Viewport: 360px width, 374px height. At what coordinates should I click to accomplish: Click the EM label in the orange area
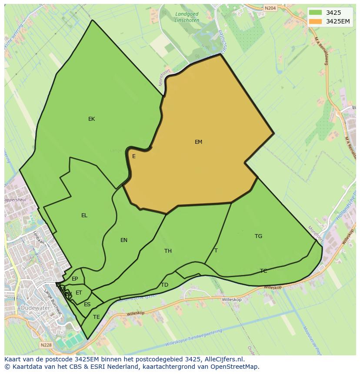198,142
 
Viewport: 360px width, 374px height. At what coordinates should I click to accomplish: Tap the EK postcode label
91,119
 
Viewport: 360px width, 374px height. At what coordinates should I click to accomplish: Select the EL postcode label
84,215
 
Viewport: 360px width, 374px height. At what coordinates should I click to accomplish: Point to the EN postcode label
124,240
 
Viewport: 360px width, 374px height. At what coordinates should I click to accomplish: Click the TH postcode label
168,251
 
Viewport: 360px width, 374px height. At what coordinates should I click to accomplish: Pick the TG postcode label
258,236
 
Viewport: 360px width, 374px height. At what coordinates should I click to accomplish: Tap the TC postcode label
263,271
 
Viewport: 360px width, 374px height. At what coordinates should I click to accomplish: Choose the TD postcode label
164,285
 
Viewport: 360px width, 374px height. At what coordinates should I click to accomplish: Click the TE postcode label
96,317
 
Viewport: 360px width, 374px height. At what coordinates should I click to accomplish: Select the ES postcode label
87,304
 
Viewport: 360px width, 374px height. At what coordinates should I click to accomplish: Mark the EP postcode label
75,279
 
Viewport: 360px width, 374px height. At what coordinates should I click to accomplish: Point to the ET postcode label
79,293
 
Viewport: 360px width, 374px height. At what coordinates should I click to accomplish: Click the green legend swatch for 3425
316,13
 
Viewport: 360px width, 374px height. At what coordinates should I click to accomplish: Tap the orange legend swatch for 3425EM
316,21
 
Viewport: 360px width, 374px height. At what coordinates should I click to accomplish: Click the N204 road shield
270,8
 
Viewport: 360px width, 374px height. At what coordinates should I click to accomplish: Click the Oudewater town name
35,308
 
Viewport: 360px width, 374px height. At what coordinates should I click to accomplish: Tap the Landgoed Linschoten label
187,17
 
